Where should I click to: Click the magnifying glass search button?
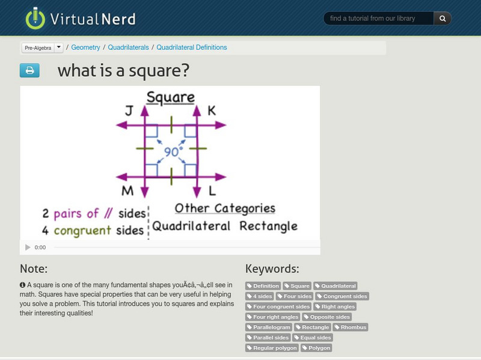tap(443, 19)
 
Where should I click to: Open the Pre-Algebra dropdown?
tap(58, 47)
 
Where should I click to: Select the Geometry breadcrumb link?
tap(86, 47)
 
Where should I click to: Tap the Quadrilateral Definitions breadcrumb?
tap(192, 47)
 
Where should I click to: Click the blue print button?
tap(29, 71)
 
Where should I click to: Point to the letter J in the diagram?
tap(129, 111)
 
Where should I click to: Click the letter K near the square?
tap(212, 111)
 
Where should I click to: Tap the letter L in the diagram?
tap(212, 191)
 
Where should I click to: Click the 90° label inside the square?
tap(172, 152)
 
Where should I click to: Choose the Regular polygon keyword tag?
tap(272, 347)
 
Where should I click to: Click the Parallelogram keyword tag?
tap(269, 327)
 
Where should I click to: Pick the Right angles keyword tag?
tap(337, 307)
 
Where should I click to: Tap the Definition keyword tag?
tap(263, 286)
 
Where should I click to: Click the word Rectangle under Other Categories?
tap(268, 227)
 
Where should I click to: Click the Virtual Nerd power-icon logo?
tap(35, 18)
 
